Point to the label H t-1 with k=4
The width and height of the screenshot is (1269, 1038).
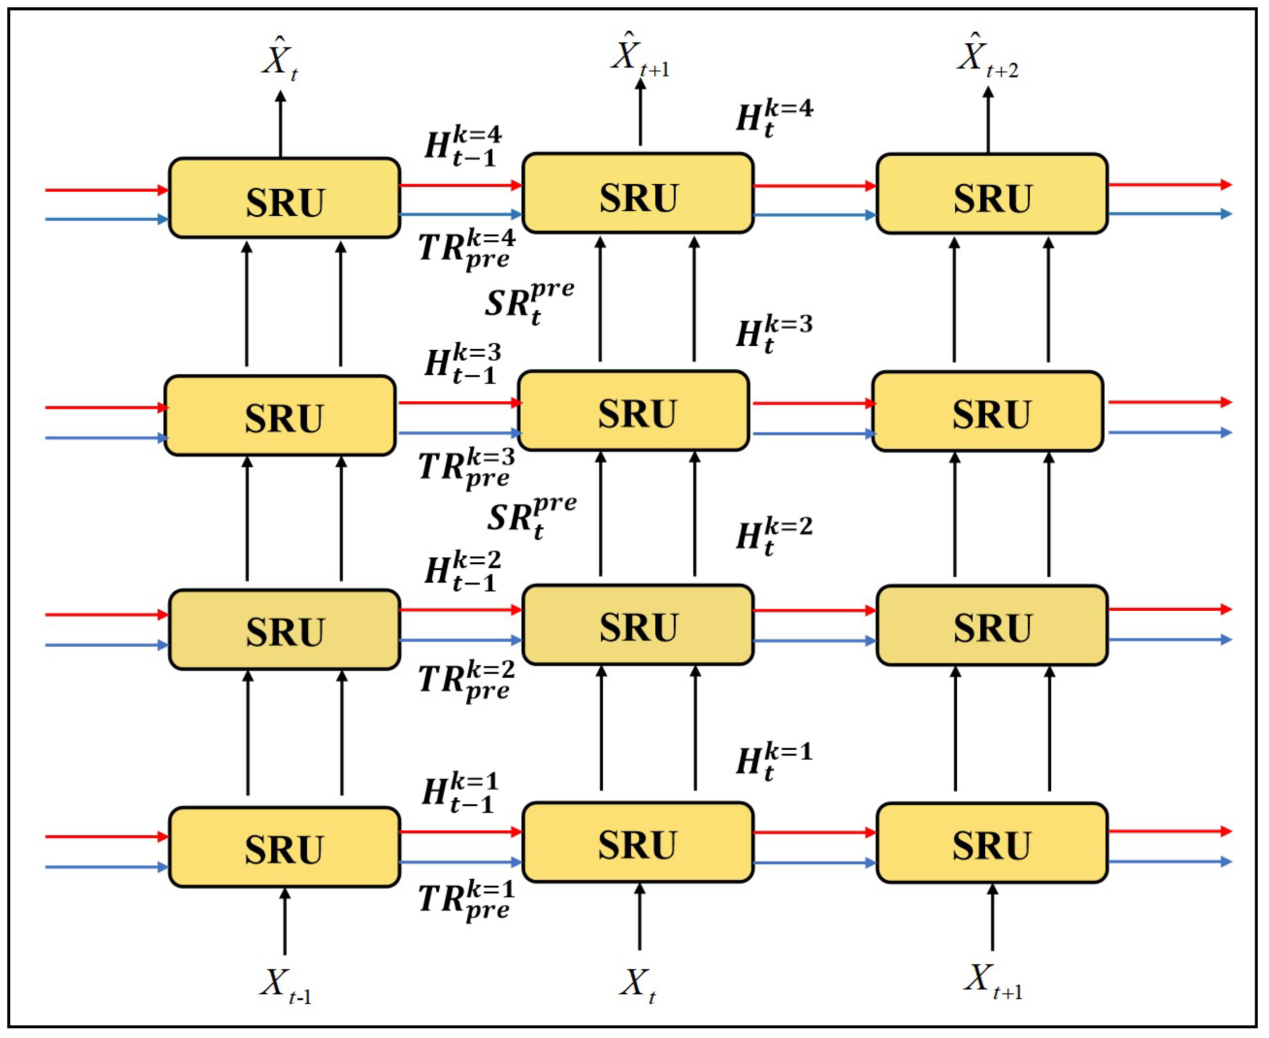click(462, 145)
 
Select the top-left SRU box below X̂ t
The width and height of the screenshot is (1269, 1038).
click(284, 198)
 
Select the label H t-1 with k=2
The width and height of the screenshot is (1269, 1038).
click(462, 571)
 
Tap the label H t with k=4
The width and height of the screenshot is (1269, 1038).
click(773, 118)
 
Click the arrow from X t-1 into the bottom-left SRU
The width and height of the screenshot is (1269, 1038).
click(284, 921)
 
